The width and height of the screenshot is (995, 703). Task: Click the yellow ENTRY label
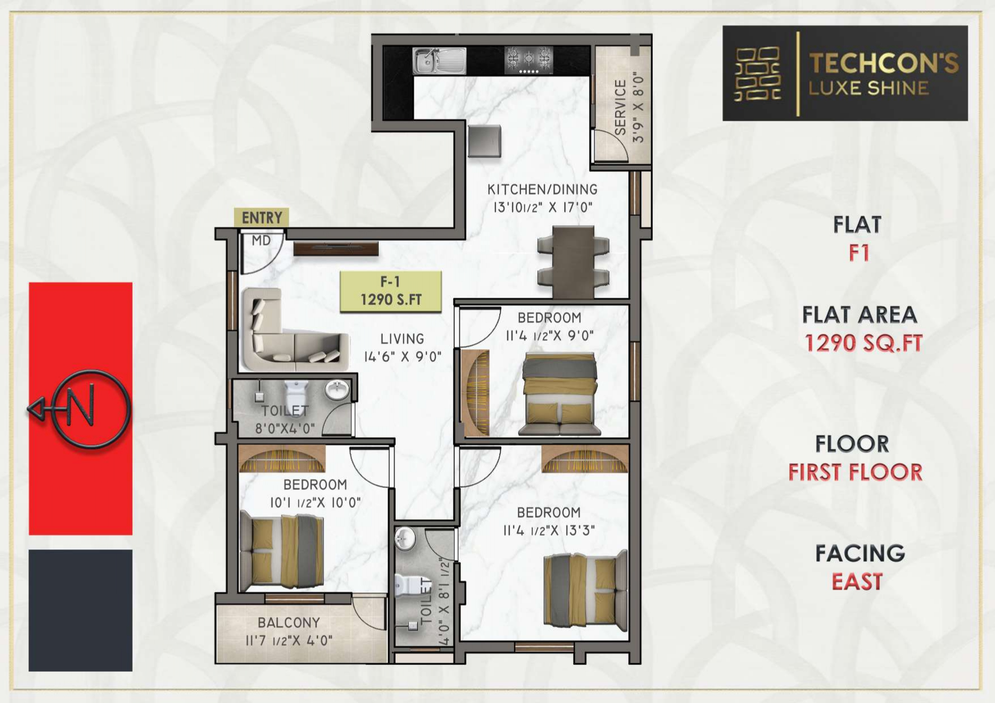(x=261, y=217)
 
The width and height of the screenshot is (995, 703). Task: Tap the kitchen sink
(x=439, y=60)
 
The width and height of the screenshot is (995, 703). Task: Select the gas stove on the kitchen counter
(x=528, y=60)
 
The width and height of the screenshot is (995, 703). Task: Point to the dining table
(x=573, y=261)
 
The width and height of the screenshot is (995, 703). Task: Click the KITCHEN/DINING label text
(x=543, y=189)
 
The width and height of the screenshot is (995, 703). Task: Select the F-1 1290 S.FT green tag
(x=391, y=291)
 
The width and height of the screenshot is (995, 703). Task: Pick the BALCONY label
(x=289, y=622)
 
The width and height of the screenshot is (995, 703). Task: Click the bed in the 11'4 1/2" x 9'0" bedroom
(x=560, y=393)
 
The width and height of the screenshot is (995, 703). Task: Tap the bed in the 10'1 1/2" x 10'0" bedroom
(x=282, y=551)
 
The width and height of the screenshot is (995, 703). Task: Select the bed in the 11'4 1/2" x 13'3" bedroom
(x=586, y=590)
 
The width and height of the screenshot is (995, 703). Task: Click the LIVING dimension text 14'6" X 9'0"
(x=403, y=357)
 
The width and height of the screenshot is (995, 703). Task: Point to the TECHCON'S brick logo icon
(x=757, y=74)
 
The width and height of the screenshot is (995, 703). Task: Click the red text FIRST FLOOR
(x=855, y=472)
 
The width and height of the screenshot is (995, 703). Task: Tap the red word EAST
(x=857, y=582)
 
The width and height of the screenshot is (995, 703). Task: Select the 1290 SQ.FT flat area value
(x=863, y=343)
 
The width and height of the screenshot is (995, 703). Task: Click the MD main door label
(x=261, y=240)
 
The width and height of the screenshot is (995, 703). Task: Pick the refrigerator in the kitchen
(x=484, y=141)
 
